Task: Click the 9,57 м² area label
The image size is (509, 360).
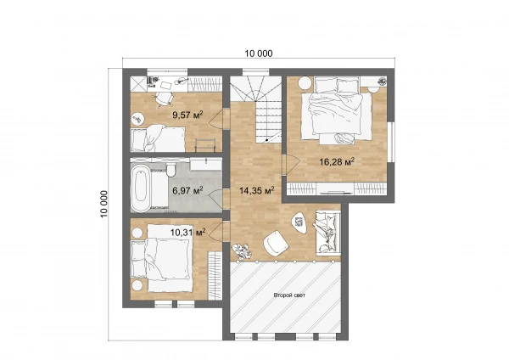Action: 188,115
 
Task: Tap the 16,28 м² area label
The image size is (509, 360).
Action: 337,161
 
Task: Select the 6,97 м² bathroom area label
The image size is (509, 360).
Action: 188,190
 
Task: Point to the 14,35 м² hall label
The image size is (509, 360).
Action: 257,190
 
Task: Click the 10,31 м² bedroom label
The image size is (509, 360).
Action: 188,232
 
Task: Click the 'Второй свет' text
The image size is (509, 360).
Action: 289,295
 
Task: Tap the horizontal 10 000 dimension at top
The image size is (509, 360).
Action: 259,53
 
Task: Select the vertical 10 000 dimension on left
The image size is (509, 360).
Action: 103,204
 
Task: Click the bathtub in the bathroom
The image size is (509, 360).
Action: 141,188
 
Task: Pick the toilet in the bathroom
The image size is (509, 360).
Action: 171,170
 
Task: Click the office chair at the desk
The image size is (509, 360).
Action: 163,98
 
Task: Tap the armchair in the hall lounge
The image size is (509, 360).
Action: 276,244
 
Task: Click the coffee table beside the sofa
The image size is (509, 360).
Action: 299,222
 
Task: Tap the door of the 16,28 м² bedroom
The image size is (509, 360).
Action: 290,165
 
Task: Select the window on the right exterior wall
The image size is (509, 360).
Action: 391,142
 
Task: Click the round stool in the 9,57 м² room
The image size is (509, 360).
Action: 137,119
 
